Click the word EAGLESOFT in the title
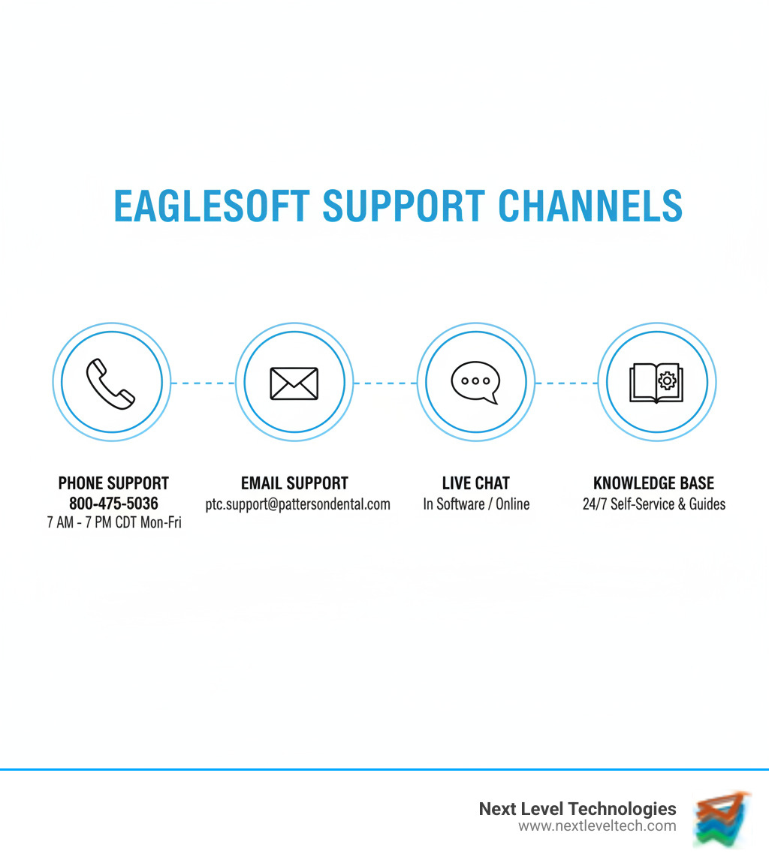coord(212,206)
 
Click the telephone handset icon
coord(111,383)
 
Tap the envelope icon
coord(294,383)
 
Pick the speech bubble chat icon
coord(475,382)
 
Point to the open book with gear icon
coord(656,383)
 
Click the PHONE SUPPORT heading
coord(113,483)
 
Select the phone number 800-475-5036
coord(113,504)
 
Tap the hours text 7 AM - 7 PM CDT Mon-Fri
coord(113,522)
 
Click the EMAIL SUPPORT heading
coord(294,483)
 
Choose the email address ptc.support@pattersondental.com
coord(297,504)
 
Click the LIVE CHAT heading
coord(476,483)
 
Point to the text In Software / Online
coord(476,504)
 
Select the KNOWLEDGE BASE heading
coord(653,483)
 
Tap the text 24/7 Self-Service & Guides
coord(653,504)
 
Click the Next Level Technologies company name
coord(578,809)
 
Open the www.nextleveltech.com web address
coord(597,826)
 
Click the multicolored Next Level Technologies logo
coord(722,819)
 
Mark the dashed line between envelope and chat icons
coord(384,383)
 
